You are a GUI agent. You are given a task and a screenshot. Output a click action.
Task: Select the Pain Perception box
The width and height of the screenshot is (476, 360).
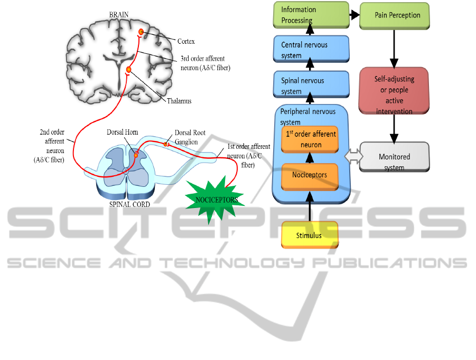(394, 15)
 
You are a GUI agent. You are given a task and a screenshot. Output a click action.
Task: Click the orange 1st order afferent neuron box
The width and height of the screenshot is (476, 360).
(310, 139)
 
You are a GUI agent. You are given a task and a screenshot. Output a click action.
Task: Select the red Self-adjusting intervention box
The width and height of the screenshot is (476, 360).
(394, 90)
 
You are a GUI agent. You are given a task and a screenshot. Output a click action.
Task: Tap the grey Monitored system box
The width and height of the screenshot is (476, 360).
(394, 157)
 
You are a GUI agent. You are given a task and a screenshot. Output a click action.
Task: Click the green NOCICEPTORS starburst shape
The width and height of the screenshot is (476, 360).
(216, 200)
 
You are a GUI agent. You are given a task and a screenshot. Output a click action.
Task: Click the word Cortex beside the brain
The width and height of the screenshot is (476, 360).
(186, 41)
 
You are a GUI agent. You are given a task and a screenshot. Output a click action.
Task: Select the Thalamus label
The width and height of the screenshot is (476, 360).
(181, 101)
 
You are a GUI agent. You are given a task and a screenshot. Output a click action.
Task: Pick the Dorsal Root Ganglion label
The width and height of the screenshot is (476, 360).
(190, 137)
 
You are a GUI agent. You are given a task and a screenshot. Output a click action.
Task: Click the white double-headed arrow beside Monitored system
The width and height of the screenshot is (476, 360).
(352, 156)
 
